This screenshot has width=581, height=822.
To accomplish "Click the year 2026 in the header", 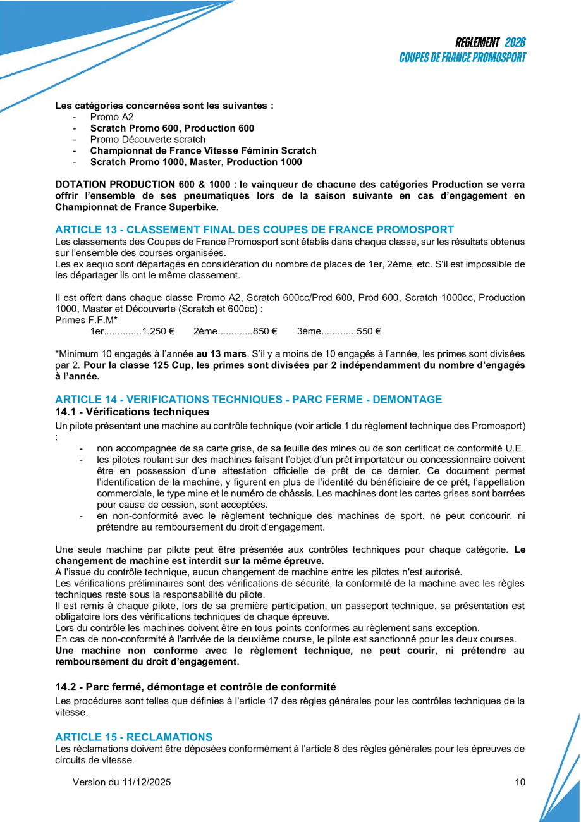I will [x=515, y=42].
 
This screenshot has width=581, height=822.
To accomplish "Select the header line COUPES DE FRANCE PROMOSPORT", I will [x=463, y=58].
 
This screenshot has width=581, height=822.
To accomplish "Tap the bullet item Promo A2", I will [x=112, y=117].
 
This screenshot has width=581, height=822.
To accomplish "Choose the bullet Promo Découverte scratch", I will [x=147, y=139].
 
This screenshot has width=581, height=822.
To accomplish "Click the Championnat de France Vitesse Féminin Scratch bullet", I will [x=203, y=150].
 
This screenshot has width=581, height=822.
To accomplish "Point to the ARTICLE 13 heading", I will [x=254, y=230].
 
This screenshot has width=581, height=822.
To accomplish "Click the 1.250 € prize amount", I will [x=158, y=331].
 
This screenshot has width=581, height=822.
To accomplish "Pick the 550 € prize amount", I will [x=369, y=331].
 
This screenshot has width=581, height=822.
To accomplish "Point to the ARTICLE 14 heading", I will [x=248, y=399].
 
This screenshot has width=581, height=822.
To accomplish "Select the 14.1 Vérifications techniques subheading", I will [x=128, y=411].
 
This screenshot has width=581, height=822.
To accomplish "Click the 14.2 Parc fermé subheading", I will [x=195, y=687].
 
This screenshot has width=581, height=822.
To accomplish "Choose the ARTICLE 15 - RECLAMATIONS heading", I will [x=133, y=737].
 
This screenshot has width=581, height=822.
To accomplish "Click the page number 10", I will [x=520, y=782].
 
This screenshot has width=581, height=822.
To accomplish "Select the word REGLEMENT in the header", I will [x=477, y=42].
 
